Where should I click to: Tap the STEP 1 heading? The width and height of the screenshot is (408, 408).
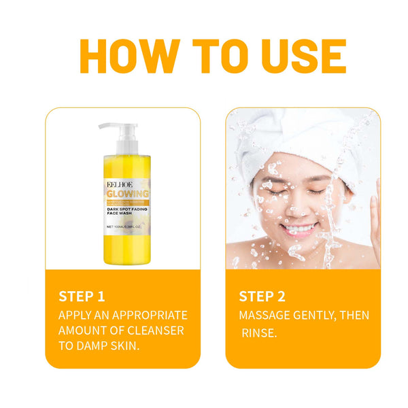82,296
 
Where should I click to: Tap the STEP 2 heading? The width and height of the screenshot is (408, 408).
262,296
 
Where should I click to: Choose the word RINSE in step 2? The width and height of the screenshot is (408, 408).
258,333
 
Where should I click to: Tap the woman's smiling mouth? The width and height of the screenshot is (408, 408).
299,228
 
